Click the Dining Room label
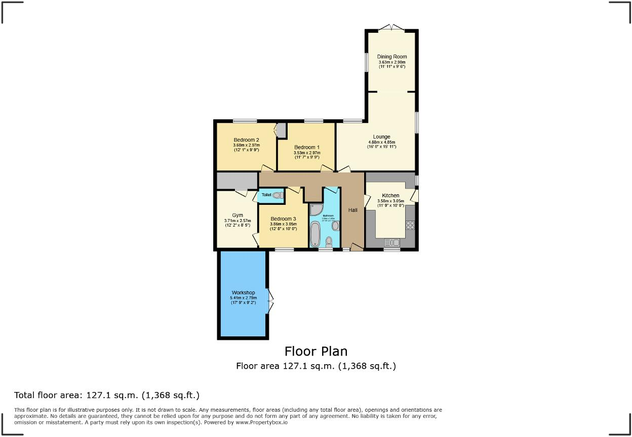pyautogui.click(x=392, y=57)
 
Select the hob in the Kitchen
pyautogui.click(x=410, y=225)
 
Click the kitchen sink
pyautogui.click(x=392, y=243)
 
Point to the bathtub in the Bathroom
pyautogui.click(x=315, y=235)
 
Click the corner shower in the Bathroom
pyautogui.click(x=316, y=209)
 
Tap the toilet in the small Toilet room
pyautogui.click(x=277, y=195)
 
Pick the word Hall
pyautogui.click(x=352, y=210)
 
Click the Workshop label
pyautogui.click(x=243, y=293)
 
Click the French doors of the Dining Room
pyautogui.click(x=391, y=28)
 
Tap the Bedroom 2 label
pyautogui.click(x=247, y=140)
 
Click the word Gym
pyautogui.click(x=238, y=215)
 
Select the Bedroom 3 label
pyautogui.click(x=283, y=219)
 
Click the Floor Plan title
pyautogui.click(x=316, y=351)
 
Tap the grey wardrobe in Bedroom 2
pyautogui.click(x=281, y=130)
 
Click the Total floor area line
pyautogui.click(x=107, y=395)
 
